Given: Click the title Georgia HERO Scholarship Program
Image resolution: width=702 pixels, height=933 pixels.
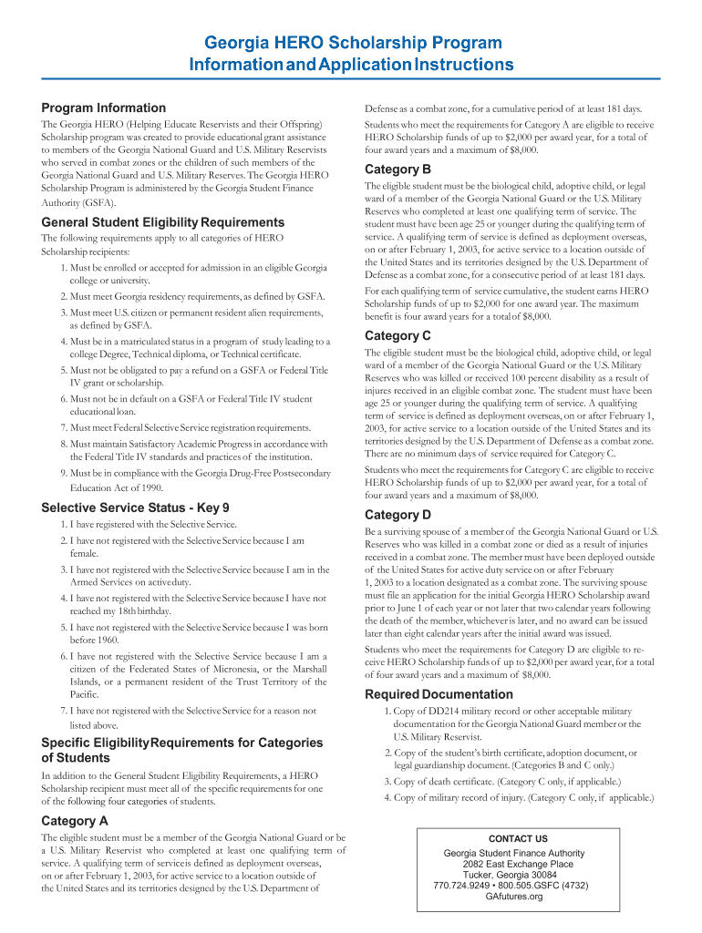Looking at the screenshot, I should click(x=352, y=43).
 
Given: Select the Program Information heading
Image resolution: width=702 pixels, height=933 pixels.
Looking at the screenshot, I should click(x=104, y=108).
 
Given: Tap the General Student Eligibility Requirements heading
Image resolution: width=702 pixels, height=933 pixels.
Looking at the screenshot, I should click(x=163, y=222).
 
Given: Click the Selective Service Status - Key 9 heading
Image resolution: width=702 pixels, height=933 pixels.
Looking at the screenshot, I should click(x=135, y=508).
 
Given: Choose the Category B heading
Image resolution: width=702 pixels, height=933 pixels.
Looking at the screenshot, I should click(x=397, y=169).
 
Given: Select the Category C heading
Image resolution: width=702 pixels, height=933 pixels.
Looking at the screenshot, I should click(x=397, y=335).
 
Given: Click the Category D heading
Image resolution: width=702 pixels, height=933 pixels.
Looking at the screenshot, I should click(x=397, y=514).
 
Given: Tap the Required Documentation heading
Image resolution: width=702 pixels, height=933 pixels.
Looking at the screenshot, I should click(x=439, y=694).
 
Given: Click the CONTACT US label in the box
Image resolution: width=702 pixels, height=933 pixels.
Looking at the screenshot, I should click(x=518, y=838).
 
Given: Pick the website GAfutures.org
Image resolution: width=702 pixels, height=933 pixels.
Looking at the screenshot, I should click(x=514, y=897).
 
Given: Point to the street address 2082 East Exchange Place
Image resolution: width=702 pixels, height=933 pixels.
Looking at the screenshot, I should click(x=518, y=864).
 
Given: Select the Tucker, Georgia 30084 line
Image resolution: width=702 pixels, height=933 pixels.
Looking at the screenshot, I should click(x=517, y=875).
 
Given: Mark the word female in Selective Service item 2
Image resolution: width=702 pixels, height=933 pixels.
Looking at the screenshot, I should click(x=84, y=553).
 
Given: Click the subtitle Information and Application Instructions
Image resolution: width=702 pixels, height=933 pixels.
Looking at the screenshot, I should click(x=352, y=65).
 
